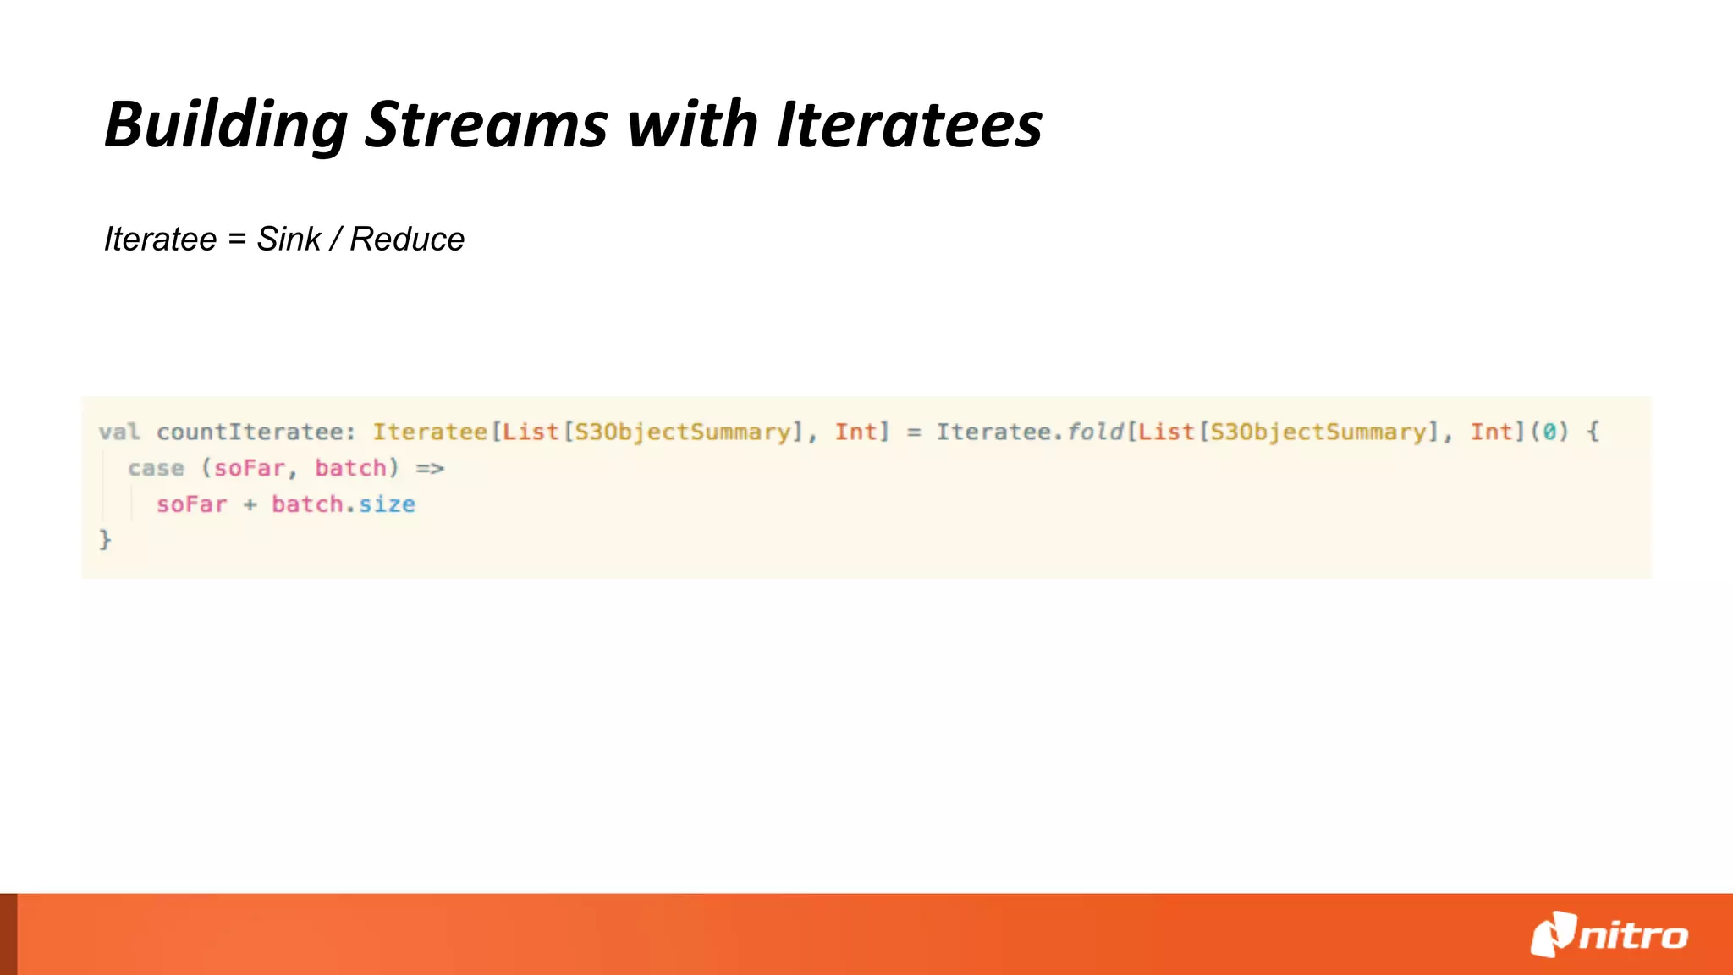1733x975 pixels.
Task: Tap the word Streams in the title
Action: [x=486, y=124]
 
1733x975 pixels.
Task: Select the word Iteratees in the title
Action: [x=909, y=124]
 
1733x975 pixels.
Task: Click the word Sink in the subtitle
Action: [x=289, y=240]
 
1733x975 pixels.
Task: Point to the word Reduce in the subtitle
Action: [x=407, y=240]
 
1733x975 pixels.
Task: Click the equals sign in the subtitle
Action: [x=237, y=240]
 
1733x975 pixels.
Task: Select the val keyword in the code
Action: [x=119, y=432]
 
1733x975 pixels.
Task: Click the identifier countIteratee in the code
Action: [x=250, y=432]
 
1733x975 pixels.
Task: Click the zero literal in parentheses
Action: [x=1549, y=432]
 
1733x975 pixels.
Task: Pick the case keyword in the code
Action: [x=156, y=468]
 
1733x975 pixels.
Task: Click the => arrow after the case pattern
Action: [x=430, y=468]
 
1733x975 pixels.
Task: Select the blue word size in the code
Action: [x=387, y=504]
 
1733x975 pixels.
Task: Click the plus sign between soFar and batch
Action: [x=250, y=505]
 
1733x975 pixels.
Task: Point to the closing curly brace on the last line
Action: [x=105, y=539]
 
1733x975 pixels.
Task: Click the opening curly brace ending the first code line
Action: [x=1593, y=432]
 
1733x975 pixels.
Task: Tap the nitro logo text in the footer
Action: [x=1633, y=936]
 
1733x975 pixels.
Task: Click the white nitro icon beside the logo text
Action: [x=1554, y=934]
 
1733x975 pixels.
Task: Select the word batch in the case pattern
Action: [x=350, y=468]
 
